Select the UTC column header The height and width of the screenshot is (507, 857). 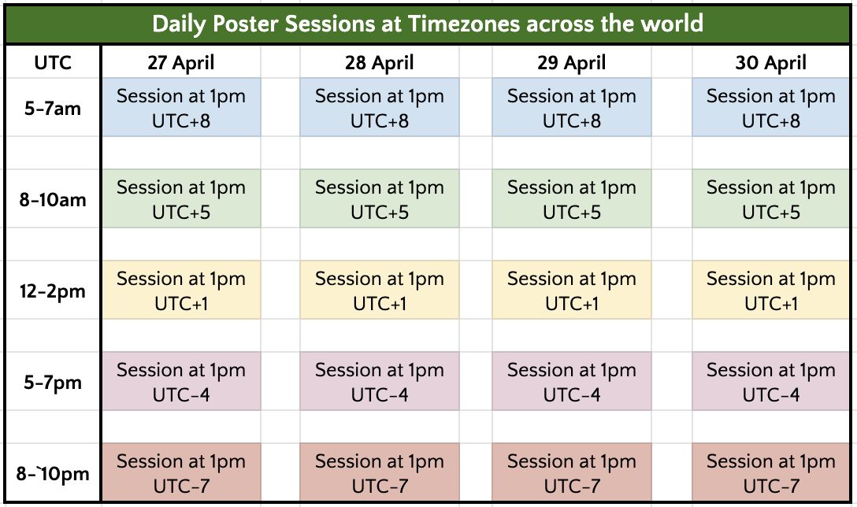[53, 62]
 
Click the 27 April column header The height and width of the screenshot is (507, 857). [181, 62]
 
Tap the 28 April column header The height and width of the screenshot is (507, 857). [380, 62]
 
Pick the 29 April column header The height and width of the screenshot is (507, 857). [572, 62]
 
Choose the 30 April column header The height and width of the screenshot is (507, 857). [770, 62]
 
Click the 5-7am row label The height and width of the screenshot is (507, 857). [53, 108]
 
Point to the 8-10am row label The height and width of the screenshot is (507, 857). [53, 199]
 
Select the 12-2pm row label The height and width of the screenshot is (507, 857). [53, 291]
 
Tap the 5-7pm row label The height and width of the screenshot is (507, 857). [53, 382]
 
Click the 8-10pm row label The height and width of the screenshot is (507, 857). [53, 473]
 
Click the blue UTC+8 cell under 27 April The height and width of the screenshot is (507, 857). [181, 107]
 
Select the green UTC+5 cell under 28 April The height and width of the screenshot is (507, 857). [380, 198]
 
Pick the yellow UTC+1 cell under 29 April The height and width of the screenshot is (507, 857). [572, 290]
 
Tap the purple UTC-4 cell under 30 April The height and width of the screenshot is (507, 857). [770, 381]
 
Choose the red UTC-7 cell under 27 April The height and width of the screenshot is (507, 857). [181, 472]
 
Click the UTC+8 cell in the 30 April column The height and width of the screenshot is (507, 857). [770, 107]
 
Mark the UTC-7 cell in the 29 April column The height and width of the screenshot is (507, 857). [572, 472]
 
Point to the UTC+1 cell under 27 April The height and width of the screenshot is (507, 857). [181, 290]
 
